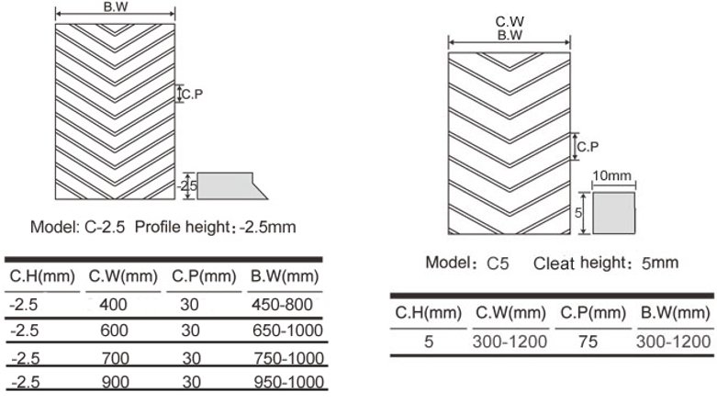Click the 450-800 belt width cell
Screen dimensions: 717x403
282,305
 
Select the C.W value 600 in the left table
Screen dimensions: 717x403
114,330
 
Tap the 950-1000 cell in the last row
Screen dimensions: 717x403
289,382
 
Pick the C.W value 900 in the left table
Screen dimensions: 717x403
116,382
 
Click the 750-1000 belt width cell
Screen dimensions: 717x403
289,358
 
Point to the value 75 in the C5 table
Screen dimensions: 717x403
588,341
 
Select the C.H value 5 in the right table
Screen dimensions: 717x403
429,341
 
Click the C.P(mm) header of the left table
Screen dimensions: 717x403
204,276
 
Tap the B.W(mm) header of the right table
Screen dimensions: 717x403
675,313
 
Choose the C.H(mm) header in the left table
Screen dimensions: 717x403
42,276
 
